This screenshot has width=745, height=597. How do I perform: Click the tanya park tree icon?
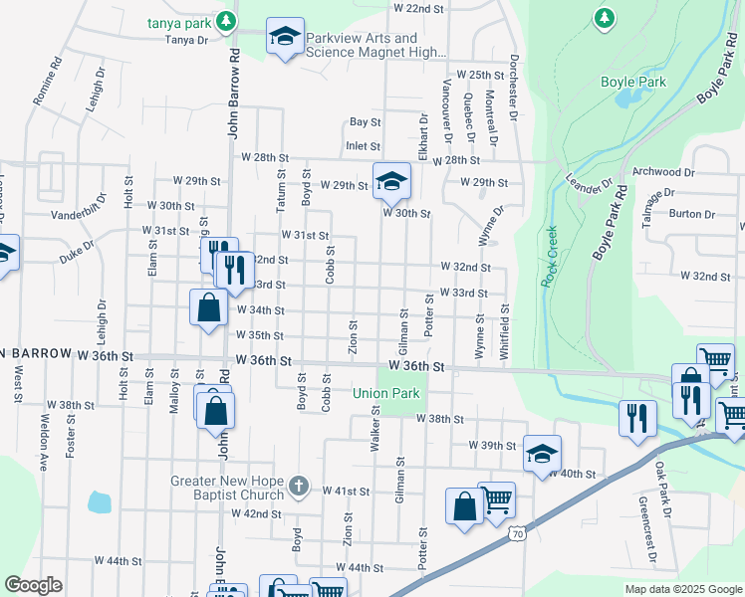coord(227,20)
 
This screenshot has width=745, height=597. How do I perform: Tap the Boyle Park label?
coord(633,83)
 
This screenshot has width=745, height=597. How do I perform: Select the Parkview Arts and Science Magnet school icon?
coord(285,38)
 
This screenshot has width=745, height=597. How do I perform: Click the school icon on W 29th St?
coord(391,180)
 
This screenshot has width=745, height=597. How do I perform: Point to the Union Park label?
coord(386,393)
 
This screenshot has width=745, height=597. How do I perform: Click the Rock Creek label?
coord(550,257)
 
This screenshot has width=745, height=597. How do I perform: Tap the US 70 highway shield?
coord(515,534)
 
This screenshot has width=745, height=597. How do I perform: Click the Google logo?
coord(33,585)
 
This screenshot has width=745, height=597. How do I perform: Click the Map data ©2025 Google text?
coord(682,589)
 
